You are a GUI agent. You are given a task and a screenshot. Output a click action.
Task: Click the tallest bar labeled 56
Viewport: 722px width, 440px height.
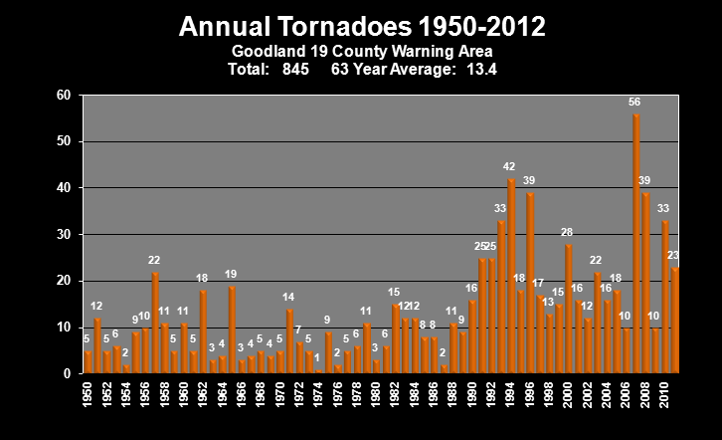pos(635,244)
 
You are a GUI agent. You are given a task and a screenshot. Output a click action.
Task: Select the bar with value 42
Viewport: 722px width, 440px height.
pos(511,276)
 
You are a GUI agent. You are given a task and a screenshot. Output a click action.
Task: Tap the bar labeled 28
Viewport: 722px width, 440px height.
pos(569,309)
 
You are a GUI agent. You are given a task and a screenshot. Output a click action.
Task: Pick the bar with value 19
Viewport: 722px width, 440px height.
pos(232,330)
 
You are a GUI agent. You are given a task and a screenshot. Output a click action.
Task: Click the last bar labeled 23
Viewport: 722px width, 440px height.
pos(674,321)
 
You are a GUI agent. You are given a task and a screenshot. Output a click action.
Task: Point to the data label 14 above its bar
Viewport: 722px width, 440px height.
pos(288,297)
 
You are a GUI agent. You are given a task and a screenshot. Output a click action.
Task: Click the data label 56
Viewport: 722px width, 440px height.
pos(634,103)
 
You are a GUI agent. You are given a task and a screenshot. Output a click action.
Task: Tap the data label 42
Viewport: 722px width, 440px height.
pos(509,167)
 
